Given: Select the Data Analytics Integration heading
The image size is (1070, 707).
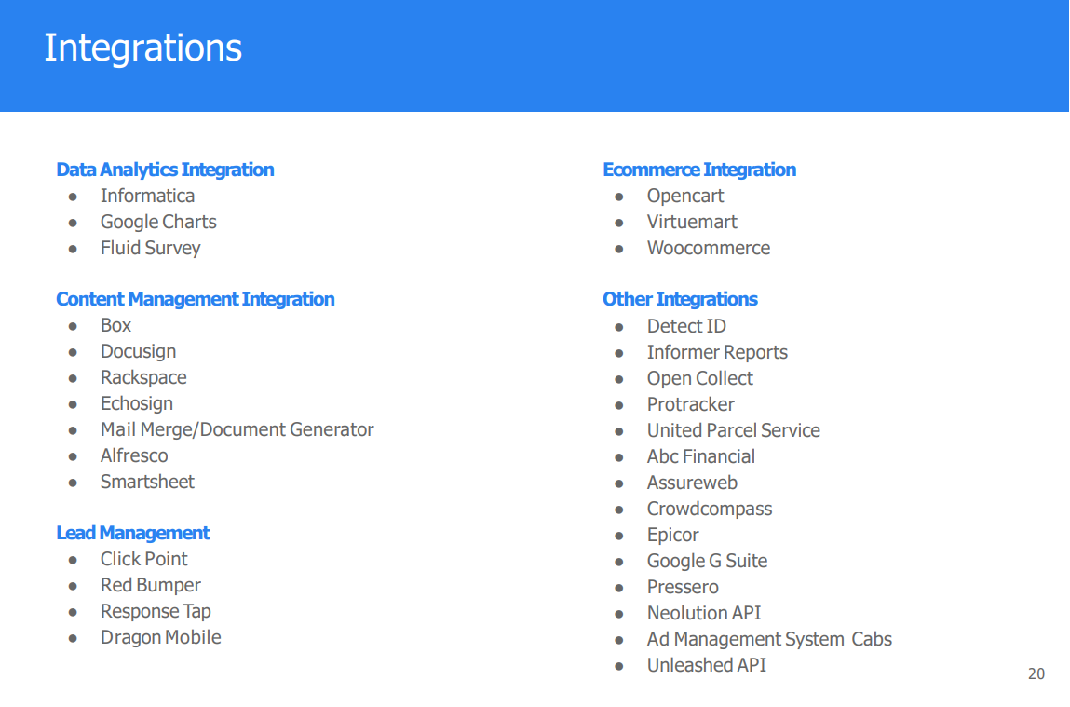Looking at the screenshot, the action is coord(165,170).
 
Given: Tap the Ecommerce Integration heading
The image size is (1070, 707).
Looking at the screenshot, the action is coord(699,170).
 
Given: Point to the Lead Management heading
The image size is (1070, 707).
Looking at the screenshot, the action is coord(133,532).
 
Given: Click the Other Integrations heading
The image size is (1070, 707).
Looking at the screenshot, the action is coord(681,299).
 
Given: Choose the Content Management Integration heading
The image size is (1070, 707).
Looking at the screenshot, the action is coord(196,299).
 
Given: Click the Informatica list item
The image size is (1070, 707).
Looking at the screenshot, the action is coord(147,196).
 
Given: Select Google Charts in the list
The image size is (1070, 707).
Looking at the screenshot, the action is coord(158,223).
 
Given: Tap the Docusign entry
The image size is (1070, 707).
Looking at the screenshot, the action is coord(139,352).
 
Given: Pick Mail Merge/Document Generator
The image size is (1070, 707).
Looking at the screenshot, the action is coord(237,430).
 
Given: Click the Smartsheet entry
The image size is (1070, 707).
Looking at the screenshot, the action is coord(147,482).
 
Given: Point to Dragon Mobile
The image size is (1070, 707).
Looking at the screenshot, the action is coord(161,637).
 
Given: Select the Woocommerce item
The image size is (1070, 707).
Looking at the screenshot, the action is coord(709,248).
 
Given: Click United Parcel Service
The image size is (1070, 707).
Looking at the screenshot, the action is coord(734,430).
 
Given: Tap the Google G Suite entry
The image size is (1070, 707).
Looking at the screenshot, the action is coord(708,561).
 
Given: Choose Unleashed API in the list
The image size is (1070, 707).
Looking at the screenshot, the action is coord(707,665).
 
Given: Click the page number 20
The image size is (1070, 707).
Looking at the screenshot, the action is coord(1036,673).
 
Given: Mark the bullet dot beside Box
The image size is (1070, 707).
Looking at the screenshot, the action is coord(73,326).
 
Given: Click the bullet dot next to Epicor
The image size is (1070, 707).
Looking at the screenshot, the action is coord(619,536).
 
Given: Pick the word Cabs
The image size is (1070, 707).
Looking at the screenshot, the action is coord(872,639).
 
